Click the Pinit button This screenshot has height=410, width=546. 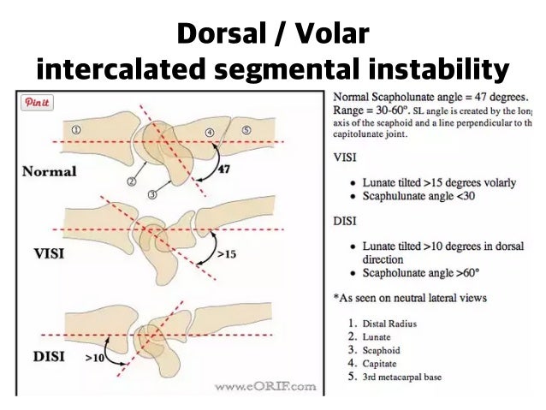coord(38,103)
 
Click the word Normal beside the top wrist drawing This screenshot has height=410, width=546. coord(49,171)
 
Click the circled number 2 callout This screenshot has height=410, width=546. coord(133,182)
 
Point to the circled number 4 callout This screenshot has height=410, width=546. coord(210,132)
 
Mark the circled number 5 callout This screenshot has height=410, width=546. coord(246,129)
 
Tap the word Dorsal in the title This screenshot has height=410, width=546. coord(223,35)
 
